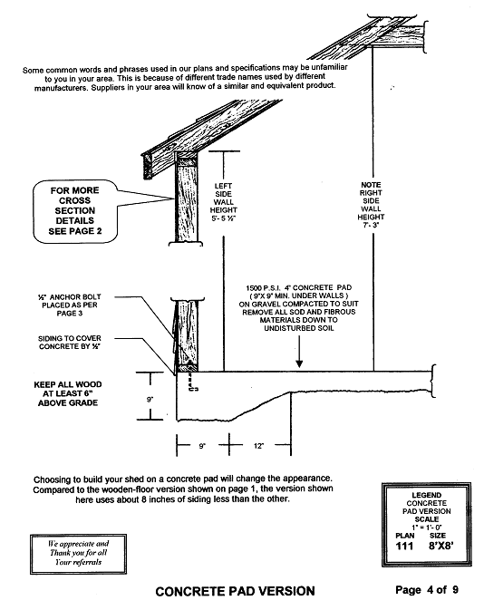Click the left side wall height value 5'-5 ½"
(x=224, y=218)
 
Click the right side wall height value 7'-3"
(x=372, y=225)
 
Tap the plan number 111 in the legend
(x=404, y=547)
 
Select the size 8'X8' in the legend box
(x=440, y=547)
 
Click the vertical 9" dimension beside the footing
(x=150, y=400)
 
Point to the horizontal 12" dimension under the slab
(x=258, y=446)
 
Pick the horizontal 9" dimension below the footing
(x=202, y=446)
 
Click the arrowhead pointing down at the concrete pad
(x=299, y=363)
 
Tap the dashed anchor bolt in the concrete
(x=192, y=382)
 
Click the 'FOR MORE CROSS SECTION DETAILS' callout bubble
(x=74, y=211)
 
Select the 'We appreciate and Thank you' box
(x=78, y=554)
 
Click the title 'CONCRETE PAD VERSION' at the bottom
(x=235, y=591)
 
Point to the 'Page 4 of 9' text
(x=427, y=590)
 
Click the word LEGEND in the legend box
(x=426, y=495)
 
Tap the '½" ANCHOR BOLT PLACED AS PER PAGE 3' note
(x=70, y=305)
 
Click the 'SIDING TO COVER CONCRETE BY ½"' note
(x=70, y=343)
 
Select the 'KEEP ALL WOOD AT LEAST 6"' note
(x=68, y=393)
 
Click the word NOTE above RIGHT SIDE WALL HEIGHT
(x=371, y=185)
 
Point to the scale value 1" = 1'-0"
(x=427, y=528)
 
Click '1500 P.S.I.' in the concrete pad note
(x=263, y=288)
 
